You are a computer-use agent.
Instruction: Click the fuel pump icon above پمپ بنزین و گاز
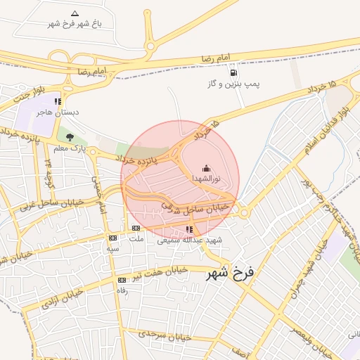click(x=233, y=72)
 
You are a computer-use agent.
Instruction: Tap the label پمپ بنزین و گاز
click(x=233, y=84)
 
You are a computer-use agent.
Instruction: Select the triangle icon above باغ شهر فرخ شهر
click(x=75, y=13)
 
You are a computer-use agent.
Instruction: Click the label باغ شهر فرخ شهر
click(x=75, y=24)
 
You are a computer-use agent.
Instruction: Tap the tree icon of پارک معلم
click(x=69, y=137)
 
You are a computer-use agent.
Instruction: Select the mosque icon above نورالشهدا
click(x=205, y=169)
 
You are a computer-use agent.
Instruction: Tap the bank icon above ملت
click(x=136, y=228)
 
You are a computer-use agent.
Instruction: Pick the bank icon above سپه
click(x=112, y=238)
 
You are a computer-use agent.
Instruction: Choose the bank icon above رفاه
click(x=122, y=280)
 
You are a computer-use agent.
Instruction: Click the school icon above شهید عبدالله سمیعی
click(x=188, y=229)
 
